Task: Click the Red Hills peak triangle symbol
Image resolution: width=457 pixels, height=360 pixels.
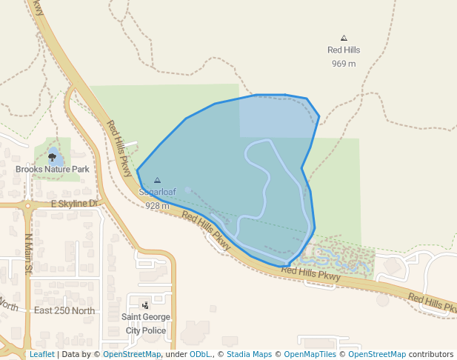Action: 344,37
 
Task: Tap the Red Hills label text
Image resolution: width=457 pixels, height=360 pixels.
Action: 344,50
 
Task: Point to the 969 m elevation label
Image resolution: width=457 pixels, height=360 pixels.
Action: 344,64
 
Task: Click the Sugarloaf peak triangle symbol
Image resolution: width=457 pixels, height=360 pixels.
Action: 157,180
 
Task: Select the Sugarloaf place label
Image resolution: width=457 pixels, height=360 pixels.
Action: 157,192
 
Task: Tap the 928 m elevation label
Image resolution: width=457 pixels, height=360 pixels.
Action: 157,205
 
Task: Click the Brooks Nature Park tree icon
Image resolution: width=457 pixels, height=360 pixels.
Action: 52,157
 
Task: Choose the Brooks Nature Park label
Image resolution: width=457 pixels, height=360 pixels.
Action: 52,170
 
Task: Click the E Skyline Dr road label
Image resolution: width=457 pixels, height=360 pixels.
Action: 75,203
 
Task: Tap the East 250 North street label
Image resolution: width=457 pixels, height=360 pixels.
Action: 64,310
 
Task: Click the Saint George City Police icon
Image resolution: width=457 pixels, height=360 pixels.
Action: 145,304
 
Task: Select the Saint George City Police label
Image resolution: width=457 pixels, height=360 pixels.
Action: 145,323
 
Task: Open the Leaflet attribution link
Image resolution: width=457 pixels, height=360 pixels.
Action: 41,355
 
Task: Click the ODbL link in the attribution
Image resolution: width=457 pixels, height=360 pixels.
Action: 199,355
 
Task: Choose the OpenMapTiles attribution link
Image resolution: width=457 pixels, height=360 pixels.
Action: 311,355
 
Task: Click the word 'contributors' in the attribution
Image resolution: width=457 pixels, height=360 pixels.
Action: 431,355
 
